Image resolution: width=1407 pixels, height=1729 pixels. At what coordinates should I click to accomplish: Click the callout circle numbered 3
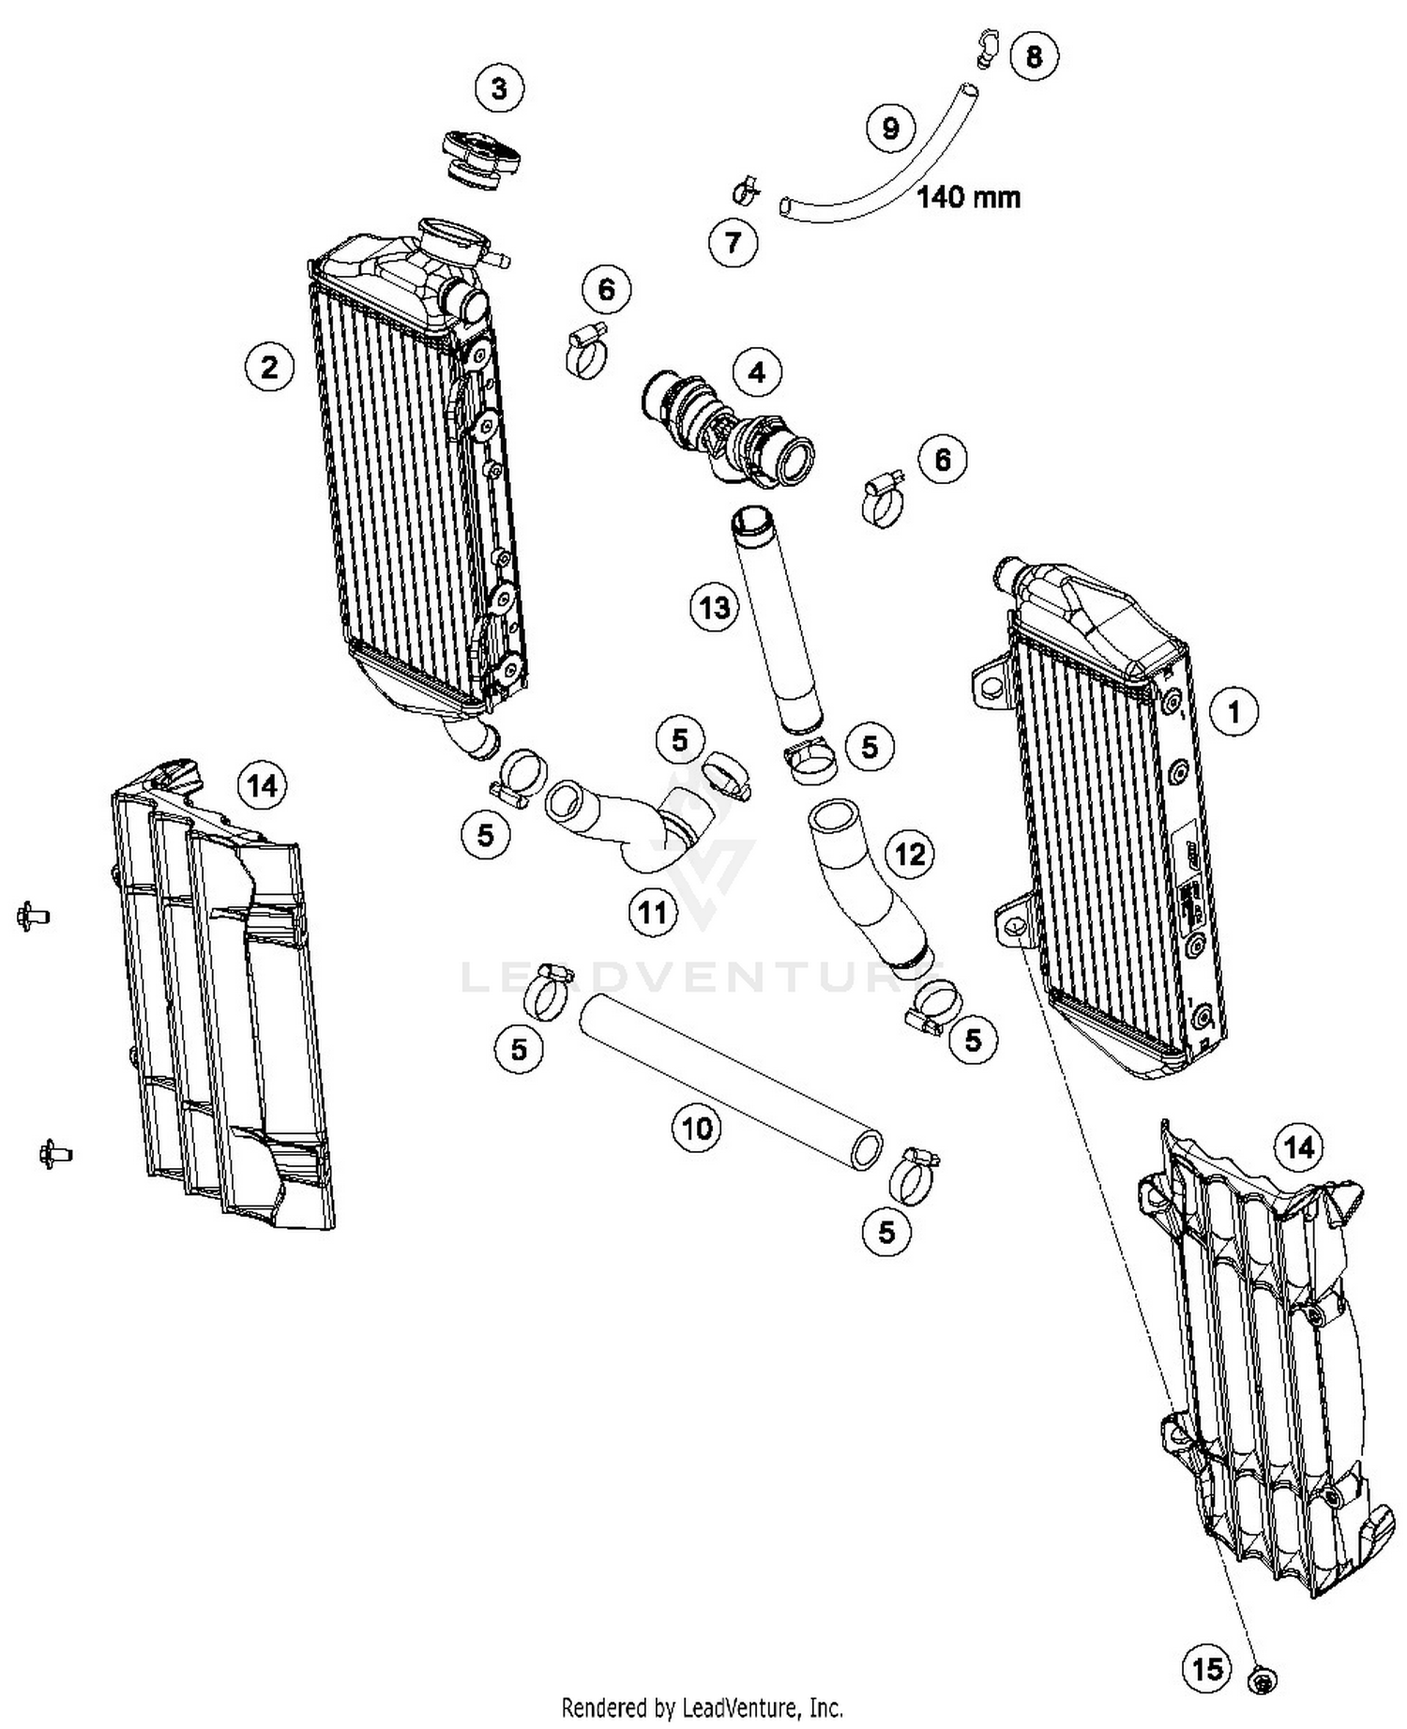499,89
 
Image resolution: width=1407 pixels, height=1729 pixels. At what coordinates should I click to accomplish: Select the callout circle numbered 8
1034,56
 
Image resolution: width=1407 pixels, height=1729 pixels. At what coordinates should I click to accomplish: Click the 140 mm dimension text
968,198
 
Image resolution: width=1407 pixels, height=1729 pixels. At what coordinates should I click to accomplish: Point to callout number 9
890,128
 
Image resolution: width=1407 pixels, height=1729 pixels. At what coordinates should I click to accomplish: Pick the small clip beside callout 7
748,190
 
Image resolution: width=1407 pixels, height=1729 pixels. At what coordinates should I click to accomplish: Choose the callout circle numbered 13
715,608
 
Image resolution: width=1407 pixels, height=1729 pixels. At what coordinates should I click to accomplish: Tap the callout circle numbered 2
269,367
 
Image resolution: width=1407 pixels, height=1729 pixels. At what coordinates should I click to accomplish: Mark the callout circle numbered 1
1234,712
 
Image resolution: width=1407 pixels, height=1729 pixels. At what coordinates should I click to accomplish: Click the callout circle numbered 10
697,1128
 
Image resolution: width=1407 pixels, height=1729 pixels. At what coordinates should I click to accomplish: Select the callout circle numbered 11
653,911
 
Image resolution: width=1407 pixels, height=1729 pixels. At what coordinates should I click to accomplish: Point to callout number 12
910,854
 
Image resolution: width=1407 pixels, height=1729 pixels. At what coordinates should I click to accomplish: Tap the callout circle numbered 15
1208,1668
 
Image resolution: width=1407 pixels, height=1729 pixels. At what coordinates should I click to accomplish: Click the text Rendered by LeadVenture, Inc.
702,1706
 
